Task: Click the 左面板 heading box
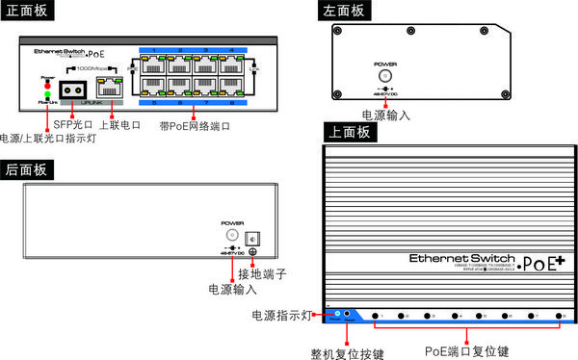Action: tap(344, 12)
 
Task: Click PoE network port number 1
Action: tap(154, 66)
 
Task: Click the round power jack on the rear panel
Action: tap(232, 235)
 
